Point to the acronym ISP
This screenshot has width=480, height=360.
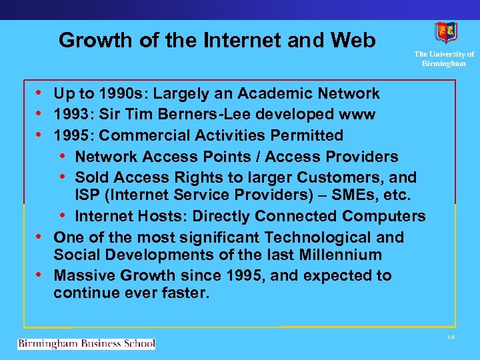pyautogui.click(x=88, y=195)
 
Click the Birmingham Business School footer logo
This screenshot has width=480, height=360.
pyautogui.click(x=86, y=344)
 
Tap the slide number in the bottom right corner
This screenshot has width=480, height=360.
pyautogui.click(x=451, y=338)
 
